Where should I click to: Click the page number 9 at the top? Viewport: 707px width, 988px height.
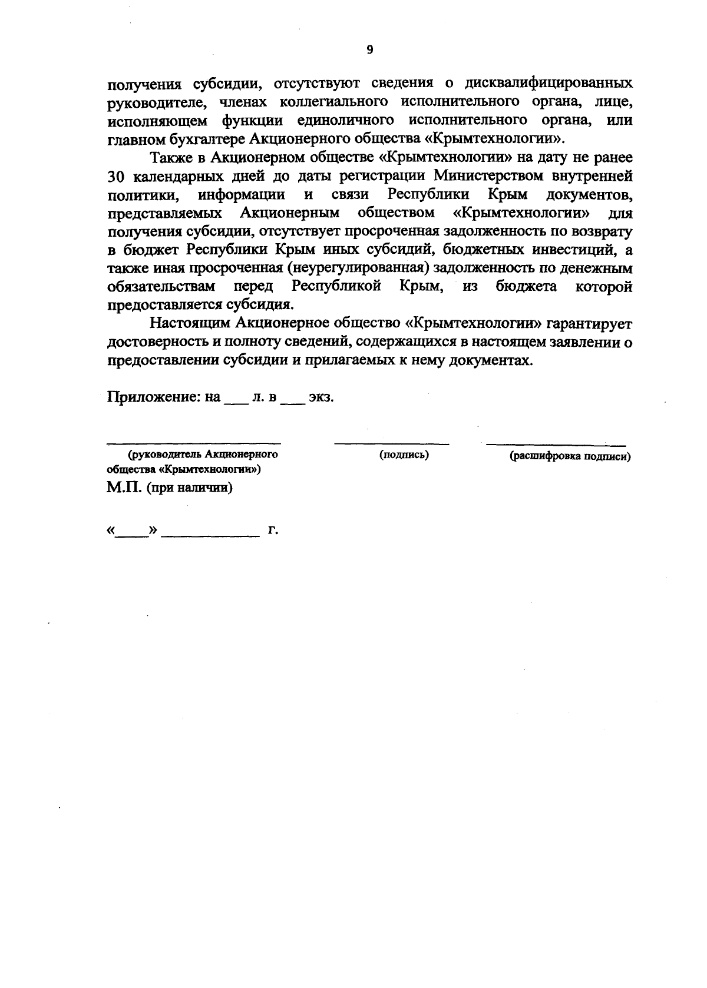pos(370,50)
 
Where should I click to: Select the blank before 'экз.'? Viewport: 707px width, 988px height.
pos(293,400)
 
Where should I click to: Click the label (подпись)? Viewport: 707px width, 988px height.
pos(404,455)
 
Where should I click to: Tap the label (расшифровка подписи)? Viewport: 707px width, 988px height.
pos(570,456)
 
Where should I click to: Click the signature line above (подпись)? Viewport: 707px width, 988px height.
pos(391,442)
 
